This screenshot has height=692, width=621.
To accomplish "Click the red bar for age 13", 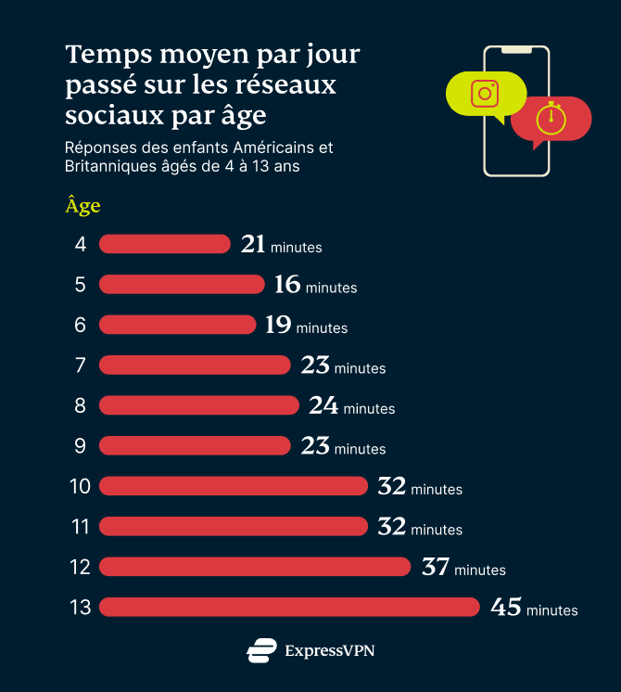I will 289,607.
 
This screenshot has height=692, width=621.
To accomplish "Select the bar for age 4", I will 164,244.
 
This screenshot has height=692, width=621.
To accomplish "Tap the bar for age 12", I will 255,566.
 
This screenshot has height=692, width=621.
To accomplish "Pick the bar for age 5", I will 182,284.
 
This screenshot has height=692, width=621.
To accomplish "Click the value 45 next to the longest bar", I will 506,607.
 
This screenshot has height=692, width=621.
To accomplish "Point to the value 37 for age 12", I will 436,566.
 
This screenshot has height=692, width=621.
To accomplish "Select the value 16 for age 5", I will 287,284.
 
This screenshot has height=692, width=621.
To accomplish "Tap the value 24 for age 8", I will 323,405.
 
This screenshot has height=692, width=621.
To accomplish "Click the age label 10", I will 80,486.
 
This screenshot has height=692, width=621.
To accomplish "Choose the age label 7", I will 81,365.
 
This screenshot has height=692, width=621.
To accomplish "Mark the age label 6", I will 81,325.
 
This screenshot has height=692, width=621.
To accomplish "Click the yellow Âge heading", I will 82,206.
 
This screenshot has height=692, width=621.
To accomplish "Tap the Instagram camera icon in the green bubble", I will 485,94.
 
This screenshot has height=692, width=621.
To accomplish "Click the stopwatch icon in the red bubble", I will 551,118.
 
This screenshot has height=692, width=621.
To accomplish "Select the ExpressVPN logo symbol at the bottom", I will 261,650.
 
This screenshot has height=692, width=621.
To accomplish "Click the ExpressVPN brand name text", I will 329,650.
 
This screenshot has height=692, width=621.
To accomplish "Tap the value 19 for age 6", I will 278,325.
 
